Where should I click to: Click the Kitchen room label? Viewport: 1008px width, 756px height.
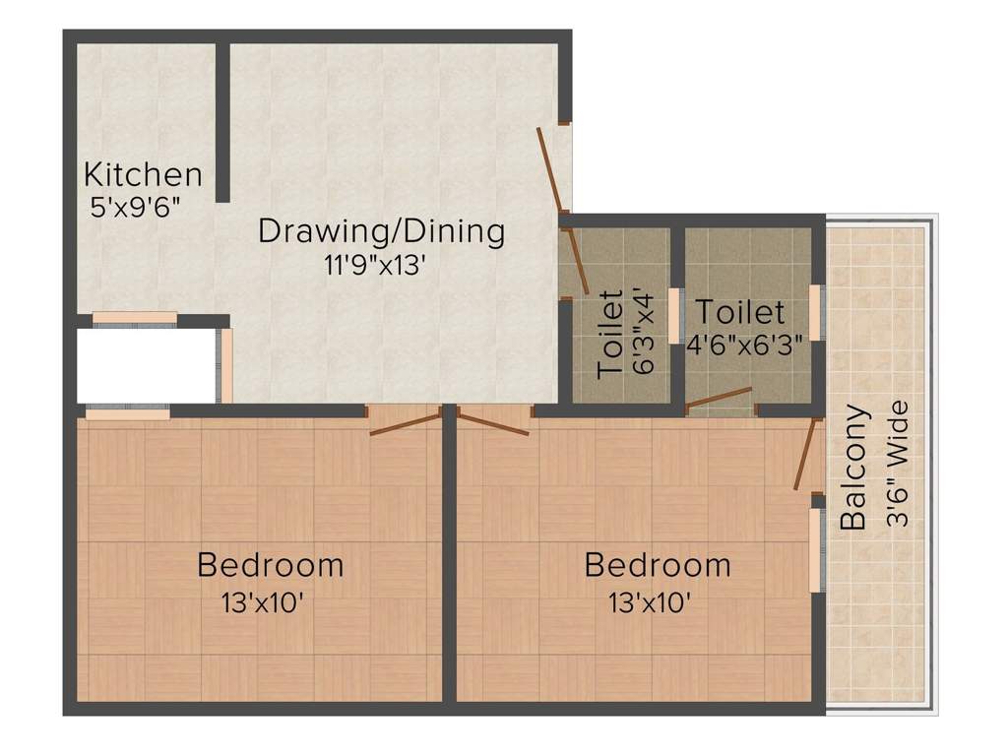pyautogui.click(x=143, y=175)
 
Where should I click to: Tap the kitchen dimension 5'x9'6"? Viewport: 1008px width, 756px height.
pyautogui.click(x=135, y=208)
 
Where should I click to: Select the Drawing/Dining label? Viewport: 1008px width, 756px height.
pyautogui.click(x=381, y=232)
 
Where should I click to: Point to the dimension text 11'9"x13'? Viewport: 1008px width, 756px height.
pyautogui.click(x=368, y=265)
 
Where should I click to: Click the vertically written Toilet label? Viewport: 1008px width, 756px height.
pyautogui.click(x=610, y=334)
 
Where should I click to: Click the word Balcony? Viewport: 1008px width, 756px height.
pyautogui.click(x=854, y=468)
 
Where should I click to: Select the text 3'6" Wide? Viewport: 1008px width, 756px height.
pyautogui.click(x=898, y=463)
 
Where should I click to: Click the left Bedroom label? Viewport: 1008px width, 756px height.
pyautogui.click(x=271, y=566)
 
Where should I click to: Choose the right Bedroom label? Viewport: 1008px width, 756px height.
pyautogui.click(x=658, y=566)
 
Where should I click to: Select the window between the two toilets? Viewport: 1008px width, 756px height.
pyautogui.click(x=675, y=315)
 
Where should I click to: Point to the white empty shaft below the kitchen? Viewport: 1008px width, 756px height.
pyautogui.click(x=146, y=365)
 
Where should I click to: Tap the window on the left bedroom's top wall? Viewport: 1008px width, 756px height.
pyautogui.click(x=127, y=413)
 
